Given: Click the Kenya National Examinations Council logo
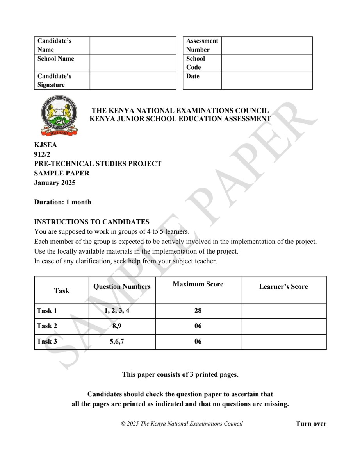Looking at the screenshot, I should [59, 116].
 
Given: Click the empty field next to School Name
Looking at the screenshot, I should [133, 63].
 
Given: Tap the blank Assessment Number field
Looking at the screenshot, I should [267, 45].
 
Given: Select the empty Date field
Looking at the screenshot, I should [267, 81].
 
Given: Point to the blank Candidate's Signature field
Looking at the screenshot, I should [133, 81].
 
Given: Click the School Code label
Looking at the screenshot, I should [196, 63].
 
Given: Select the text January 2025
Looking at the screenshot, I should [55, 183].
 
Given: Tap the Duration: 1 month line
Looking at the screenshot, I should [62, 202].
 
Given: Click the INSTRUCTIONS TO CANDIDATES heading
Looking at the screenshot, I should [92, 222].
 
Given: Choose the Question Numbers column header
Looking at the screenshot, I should [122, 287].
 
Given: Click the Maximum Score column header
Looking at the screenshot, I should [198, 284].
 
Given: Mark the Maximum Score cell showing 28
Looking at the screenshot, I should [198, 311].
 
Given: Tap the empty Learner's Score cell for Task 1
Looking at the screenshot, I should [283, 311].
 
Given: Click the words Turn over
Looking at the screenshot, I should [311, 424].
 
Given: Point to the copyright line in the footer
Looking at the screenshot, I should [182, 424].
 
